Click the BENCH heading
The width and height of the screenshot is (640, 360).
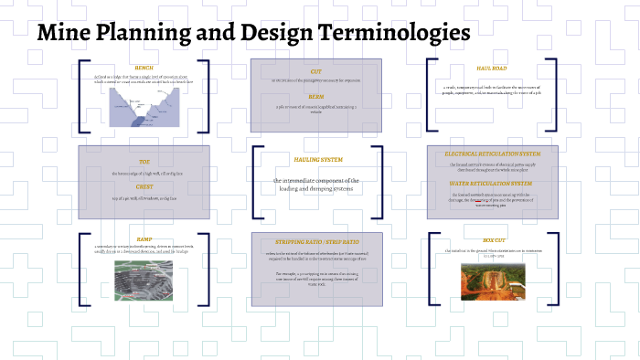point(144,68)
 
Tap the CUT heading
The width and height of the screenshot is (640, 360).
point(316,70)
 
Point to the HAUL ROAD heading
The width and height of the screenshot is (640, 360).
point(491,68)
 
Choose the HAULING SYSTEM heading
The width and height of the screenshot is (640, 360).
point(318,160)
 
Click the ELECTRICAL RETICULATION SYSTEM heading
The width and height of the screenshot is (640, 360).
point(492,154)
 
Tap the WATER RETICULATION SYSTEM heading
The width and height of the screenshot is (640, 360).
point(492,184)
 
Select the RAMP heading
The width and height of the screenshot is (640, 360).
point(144,239)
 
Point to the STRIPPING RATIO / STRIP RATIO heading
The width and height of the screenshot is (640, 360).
point(316,242)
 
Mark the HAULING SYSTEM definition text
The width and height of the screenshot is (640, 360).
point(316,185)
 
